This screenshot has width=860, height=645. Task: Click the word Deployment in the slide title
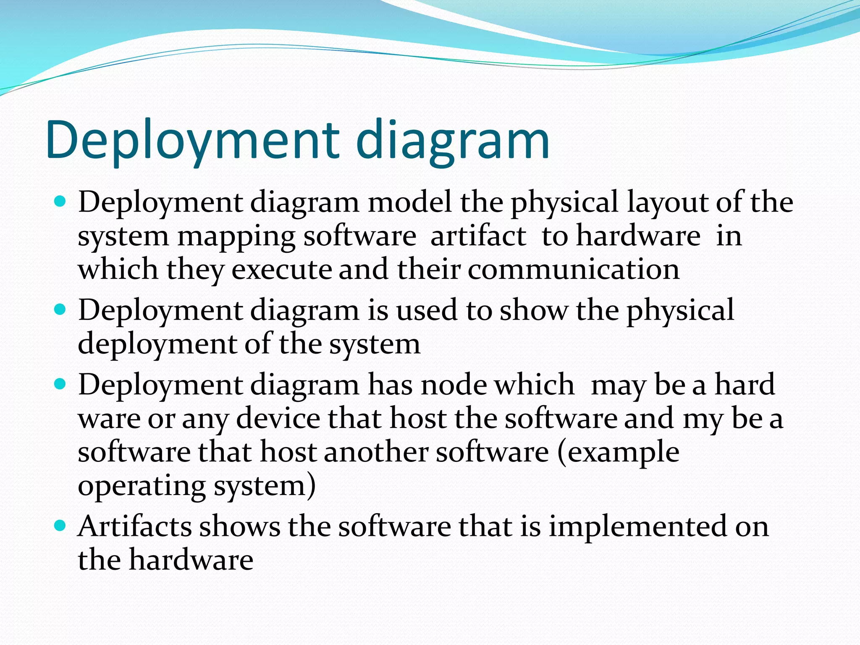point(193,140)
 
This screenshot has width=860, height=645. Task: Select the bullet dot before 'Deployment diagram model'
point(61,202)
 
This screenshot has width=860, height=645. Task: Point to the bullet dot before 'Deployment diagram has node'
point(61,384)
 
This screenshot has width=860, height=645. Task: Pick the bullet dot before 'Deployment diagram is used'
point(61,309)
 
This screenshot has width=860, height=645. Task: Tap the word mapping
point(236,237)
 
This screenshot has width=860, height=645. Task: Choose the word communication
point(573,269)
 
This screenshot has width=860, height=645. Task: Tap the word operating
point(142,486)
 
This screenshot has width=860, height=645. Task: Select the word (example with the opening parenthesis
point(618,453)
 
